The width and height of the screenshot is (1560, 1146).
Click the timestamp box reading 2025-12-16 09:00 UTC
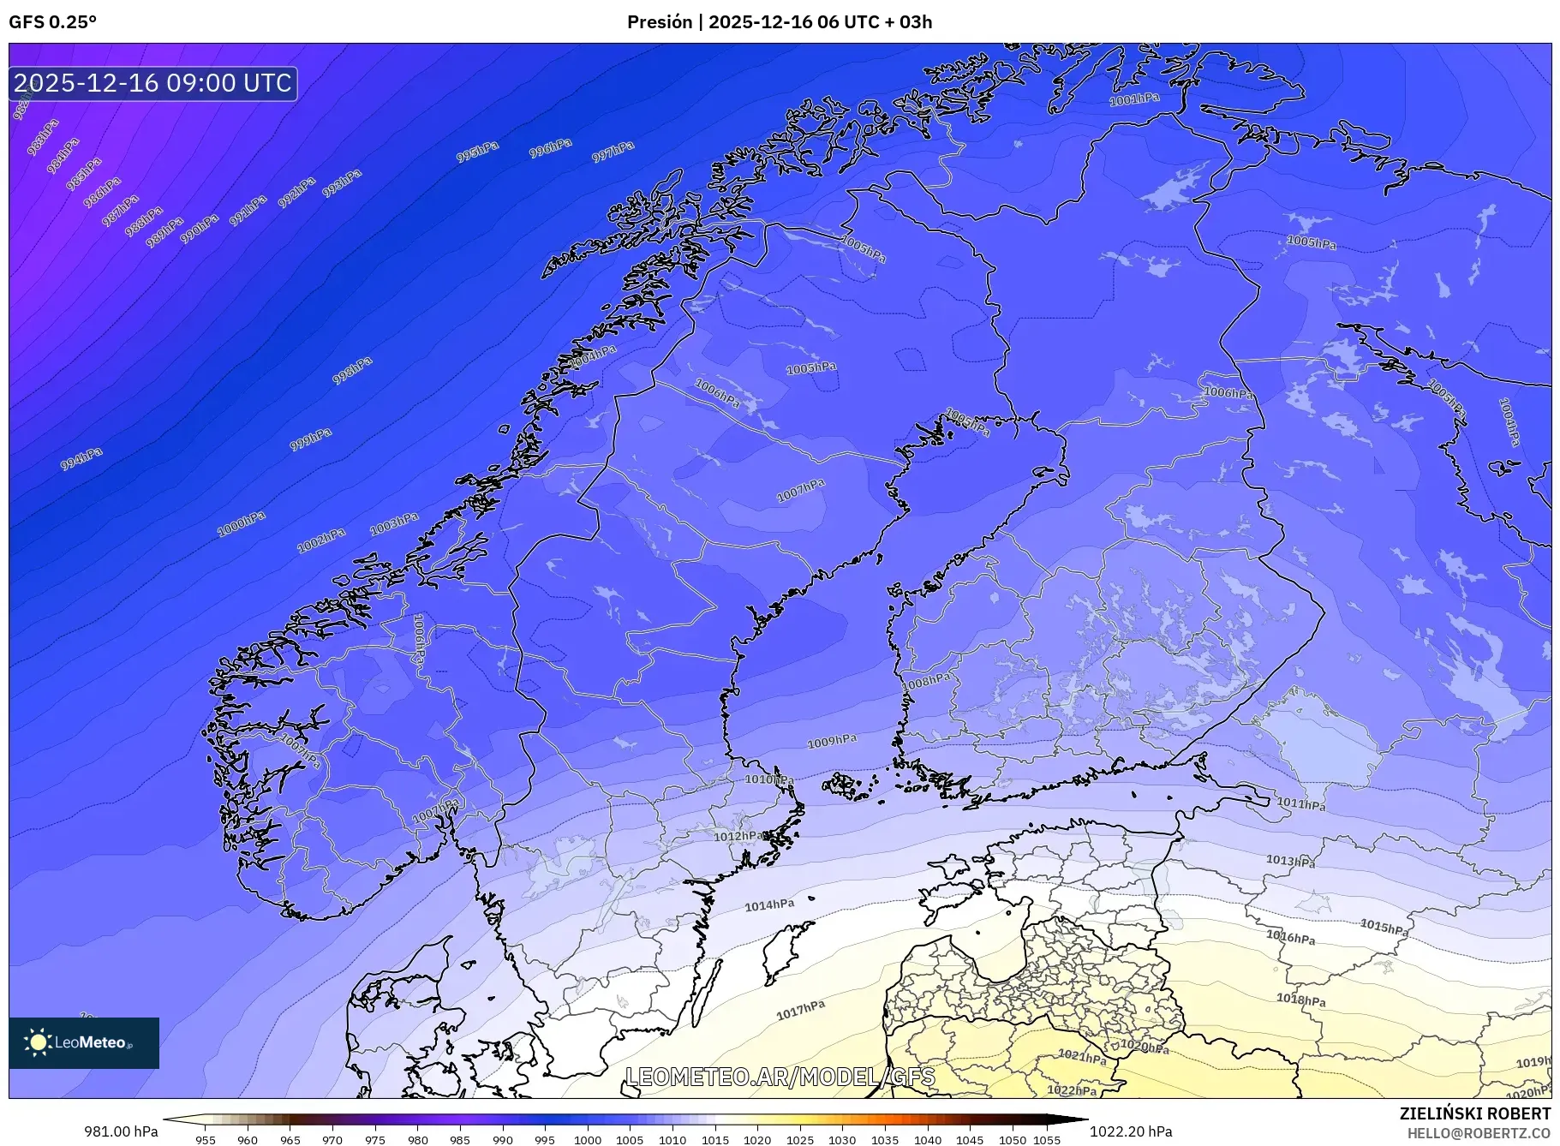pyautogui.click(x=152, y=83)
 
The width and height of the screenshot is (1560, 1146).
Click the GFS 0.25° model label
pyautogui.click(x=52, y=22)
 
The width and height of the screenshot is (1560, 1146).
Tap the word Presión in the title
pyautogui.click(x=659, y=22)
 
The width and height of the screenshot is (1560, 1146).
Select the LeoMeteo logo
pyautogui.click(x=84, y=1042)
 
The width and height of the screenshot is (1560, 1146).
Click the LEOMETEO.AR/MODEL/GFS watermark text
pyautogui.click(x=780, y=1077)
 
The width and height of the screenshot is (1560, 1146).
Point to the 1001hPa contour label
pyautogui.click(x=1134, y=99)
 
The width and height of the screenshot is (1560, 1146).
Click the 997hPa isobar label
pyautogui.click(x=613, y=152)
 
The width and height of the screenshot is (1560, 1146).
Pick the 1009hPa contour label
pyautogui.click(x=832, y=741)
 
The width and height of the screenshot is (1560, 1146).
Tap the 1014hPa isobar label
pyautogui.click(x=769, y=904)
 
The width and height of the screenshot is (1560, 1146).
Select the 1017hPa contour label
pyautogui.click(x=801, y=1011)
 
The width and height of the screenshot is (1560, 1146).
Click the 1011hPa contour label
pyautogui.click(x=1301, y=803)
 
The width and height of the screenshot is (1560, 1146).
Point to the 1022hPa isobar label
pyautogui.click(x=1072, y=1090)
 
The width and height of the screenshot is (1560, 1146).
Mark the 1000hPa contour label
pyautogui.click(x=242, y=523)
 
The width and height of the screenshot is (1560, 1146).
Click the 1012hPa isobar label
pyautogui.click(x=739, y=836)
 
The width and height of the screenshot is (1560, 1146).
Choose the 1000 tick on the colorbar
pyautogui.click(x=588, y=1140)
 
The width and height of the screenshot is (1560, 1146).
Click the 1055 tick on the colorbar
pyautogui.click(x=1047, y=1140)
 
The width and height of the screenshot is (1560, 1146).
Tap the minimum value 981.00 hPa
pyautogui.click(x=121, y=1131)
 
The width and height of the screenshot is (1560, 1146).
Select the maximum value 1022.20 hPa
pyautogui.click(x=1131, y=1131)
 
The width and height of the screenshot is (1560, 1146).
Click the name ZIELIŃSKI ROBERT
pyautogui.click(x=1474, y=1113)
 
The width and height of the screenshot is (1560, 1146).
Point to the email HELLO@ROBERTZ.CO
pyautogui.click(x=1479, y=1133)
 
